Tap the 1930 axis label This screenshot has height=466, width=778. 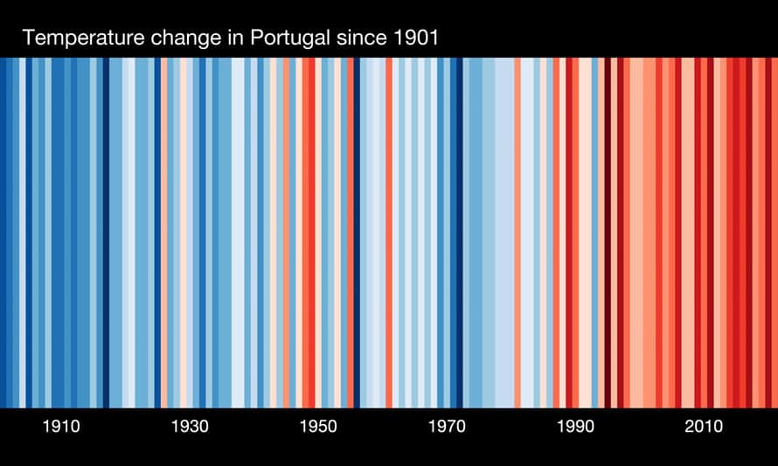coord(190,428)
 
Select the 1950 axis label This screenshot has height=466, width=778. coord(318,428)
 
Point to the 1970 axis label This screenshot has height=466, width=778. coord(447,428)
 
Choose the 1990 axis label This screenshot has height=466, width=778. coord(575,428)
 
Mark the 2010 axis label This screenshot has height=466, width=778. coord(704,428)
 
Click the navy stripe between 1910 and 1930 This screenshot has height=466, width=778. coord(106,233)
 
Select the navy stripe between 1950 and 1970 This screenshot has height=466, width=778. coord(357,233)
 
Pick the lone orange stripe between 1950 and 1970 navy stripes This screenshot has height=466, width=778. coord(389,233)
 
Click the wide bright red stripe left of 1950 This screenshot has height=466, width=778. coord(309,233)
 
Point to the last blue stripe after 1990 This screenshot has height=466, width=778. coord(594,233)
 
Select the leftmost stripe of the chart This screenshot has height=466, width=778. coord(3,233)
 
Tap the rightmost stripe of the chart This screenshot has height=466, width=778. coord(775,233)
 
